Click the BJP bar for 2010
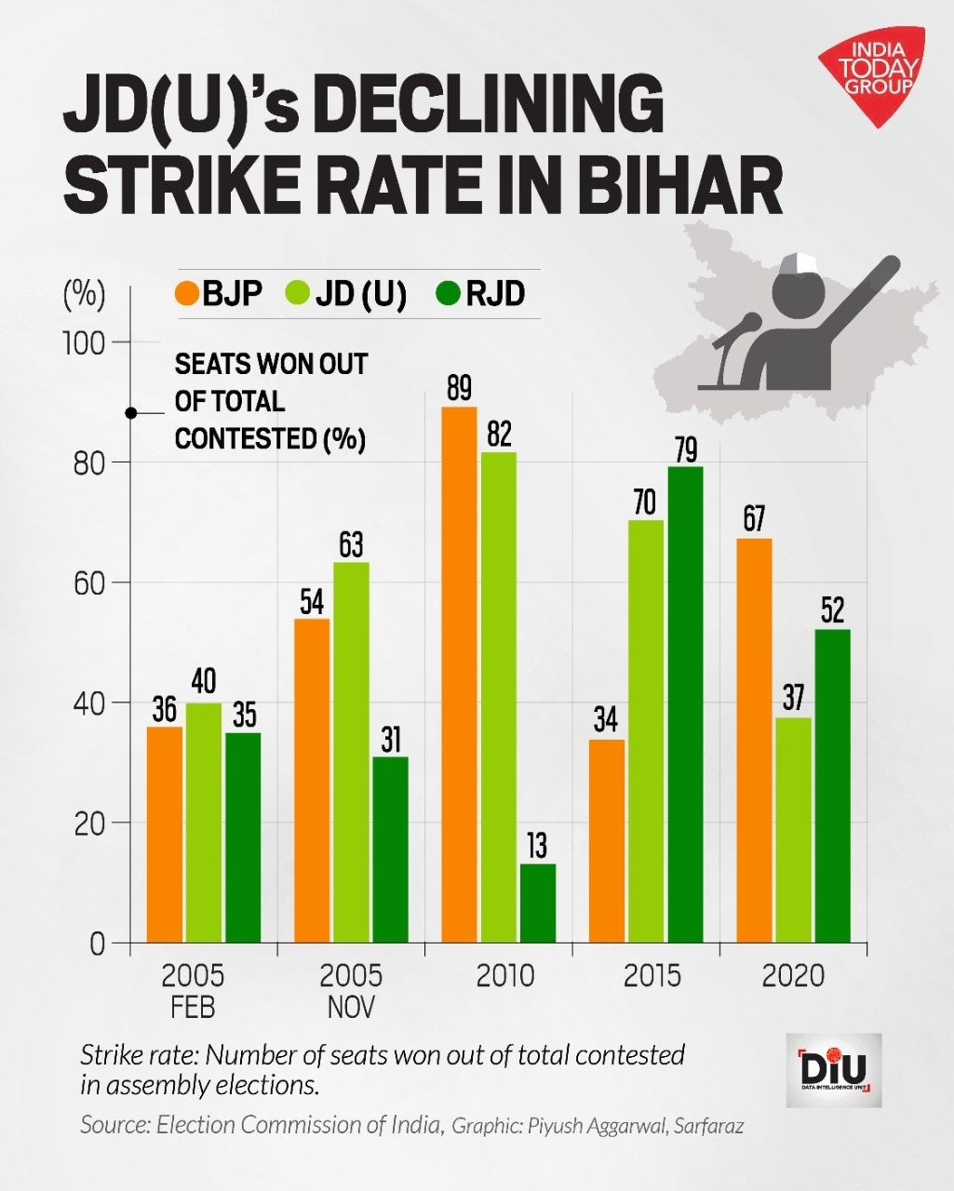459,675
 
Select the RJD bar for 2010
538,903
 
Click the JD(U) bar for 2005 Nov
351,753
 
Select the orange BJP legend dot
186,294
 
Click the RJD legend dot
450,294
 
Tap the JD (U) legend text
361,294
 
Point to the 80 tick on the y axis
89,462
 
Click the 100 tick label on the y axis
84,342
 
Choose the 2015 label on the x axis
652,975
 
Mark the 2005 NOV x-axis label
351,990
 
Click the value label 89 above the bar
459,388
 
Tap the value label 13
537,846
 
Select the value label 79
685,450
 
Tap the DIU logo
833,1069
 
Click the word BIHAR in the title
679,187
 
